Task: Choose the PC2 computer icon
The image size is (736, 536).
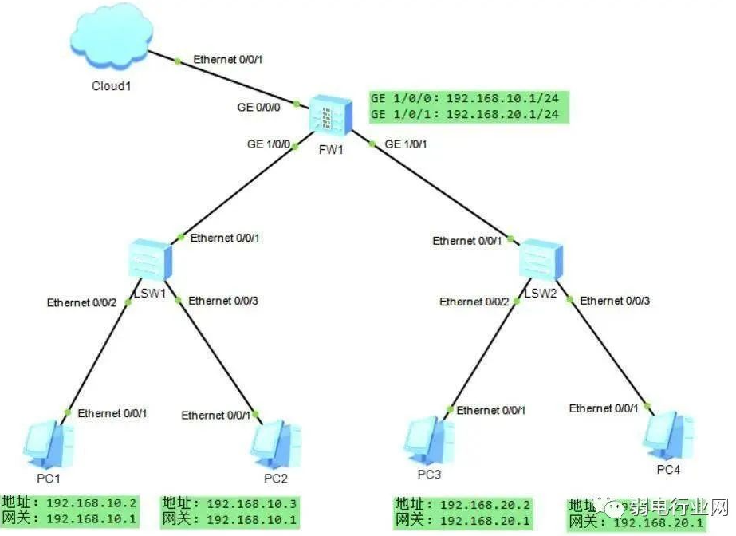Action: pos(276,443)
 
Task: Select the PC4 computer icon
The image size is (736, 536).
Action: pos(666,435)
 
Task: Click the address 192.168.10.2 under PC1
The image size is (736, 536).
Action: pos(92,504)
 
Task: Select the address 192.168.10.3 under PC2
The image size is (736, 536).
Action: pos(252,504)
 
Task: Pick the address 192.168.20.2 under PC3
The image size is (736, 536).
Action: pos(485,504)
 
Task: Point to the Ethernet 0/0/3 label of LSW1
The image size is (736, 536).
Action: pos(224,301)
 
